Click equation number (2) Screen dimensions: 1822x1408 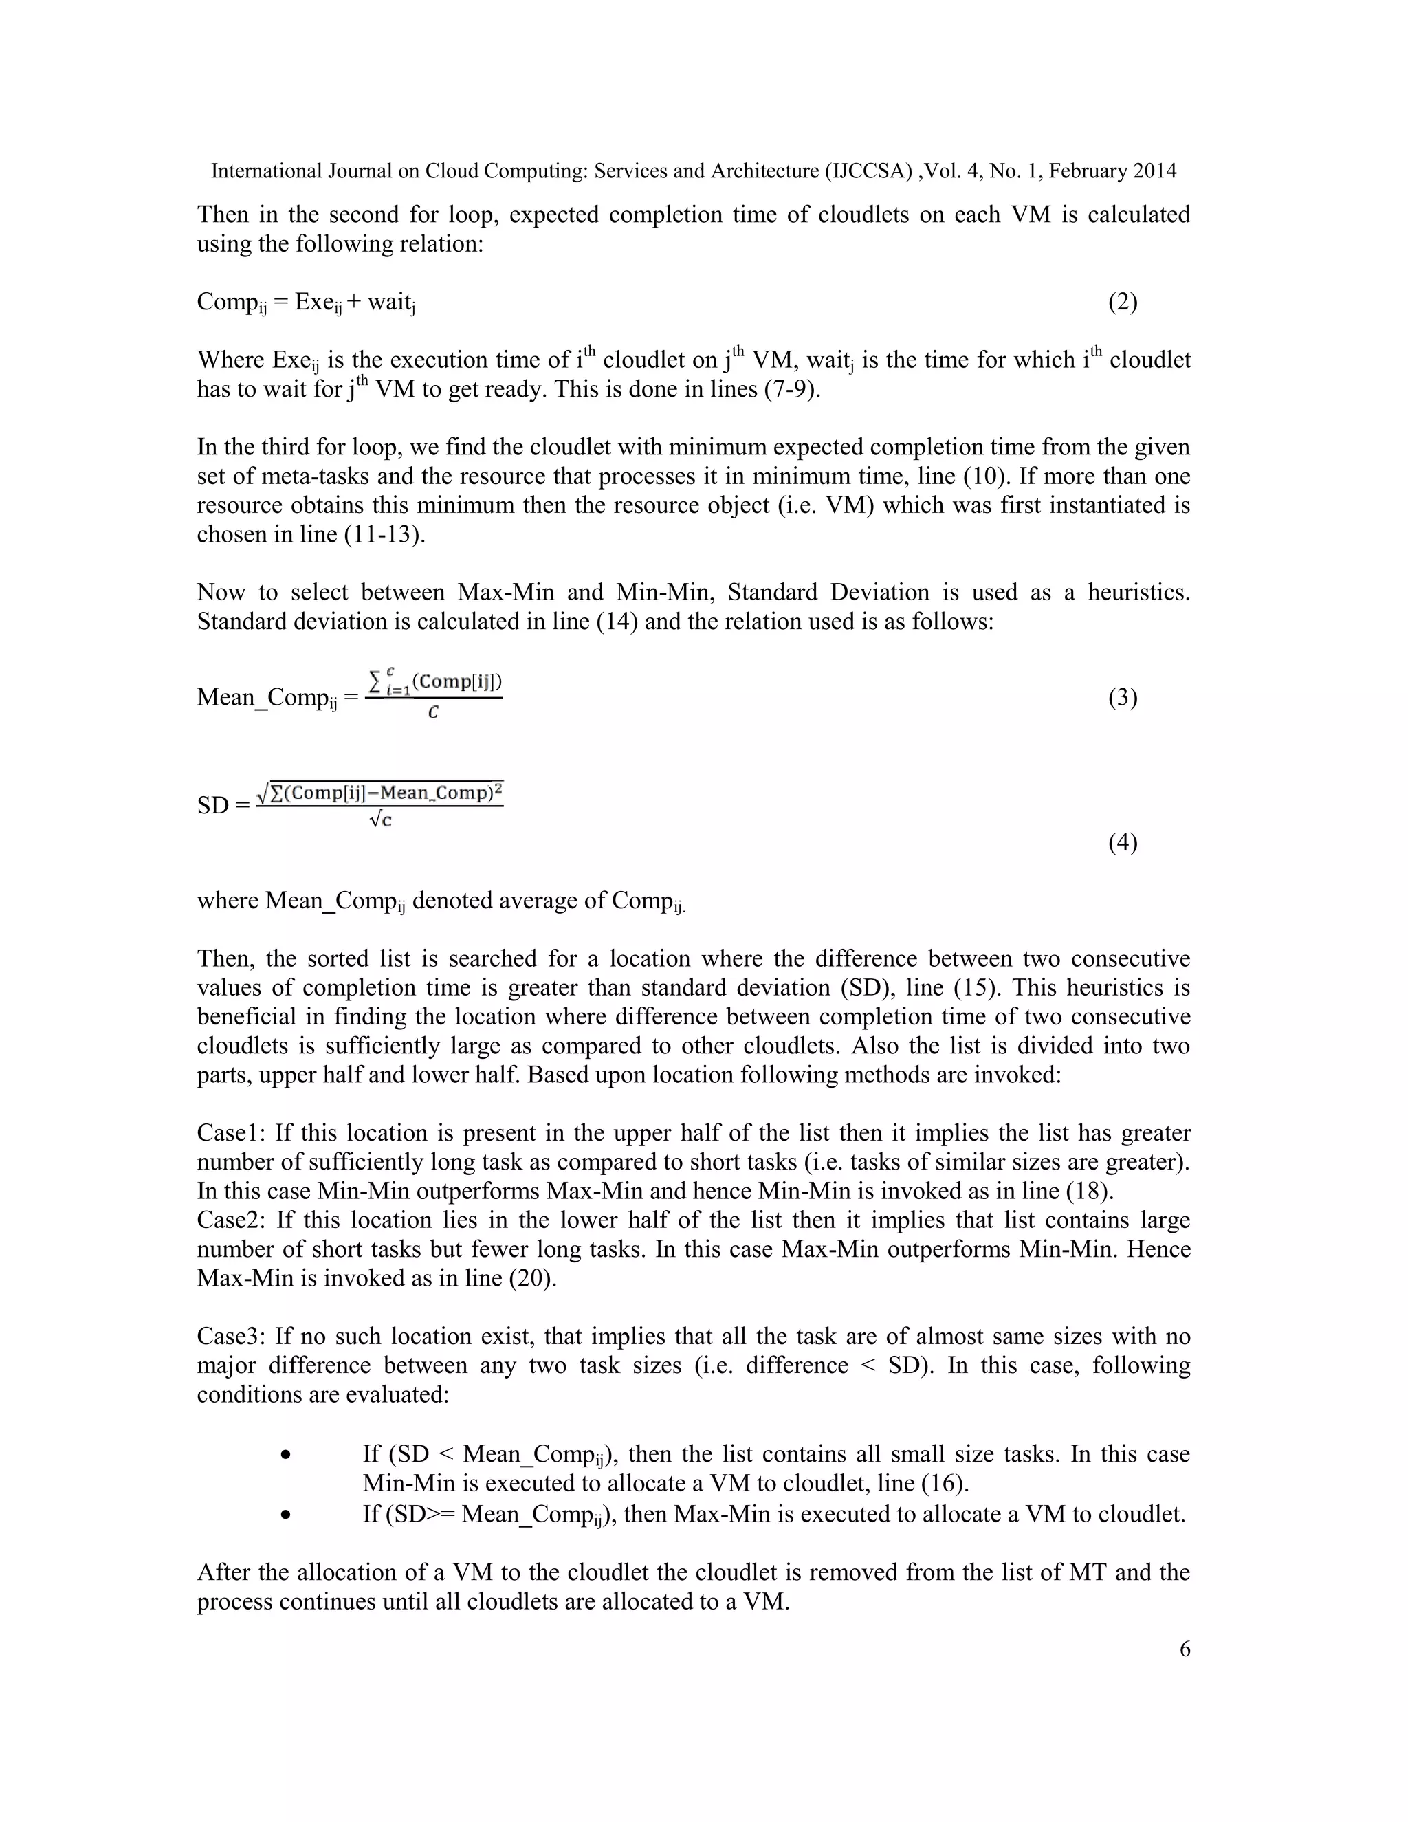(1123, 302)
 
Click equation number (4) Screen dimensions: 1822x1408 (1123, 843)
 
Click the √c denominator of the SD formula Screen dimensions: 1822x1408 (380, 820)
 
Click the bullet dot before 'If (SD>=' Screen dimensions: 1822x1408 (286, 1514)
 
